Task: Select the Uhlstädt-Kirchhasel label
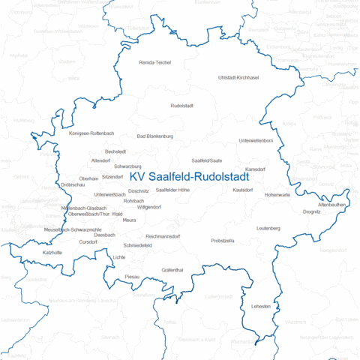point(238,78)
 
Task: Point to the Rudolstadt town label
point(183,106)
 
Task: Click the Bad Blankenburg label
point(155,136)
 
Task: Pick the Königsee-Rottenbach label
point(91,133)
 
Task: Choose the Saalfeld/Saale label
point(207,160)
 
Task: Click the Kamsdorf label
point(256,169)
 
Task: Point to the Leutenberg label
point(268,227)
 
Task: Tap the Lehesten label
point(261,307)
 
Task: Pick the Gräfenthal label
point(172,269)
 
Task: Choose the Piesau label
point(132,277)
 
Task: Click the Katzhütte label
point(52,253)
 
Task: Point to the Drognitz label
point(311,212)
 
